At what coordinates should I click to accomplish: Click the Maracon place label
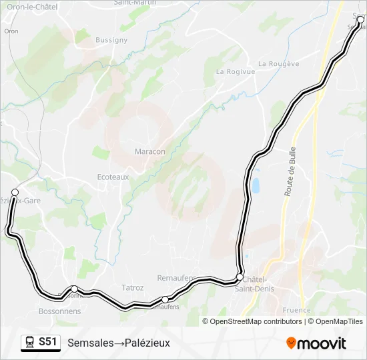[x=149, y=151]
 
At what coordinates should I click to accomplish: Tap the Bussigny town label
[x=111, y=40]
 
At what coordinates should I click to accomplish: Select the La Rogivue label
[x=235, y=71]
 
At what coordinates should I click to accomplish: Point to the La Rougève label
[x=278, y=64]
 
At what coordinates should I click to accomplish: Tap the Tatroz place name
[x=132, y=288]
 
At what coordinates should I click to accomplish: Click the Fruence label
[x=296, y=310]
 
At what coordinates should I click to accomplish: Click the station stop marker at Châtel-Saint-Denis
[x=240, y=277]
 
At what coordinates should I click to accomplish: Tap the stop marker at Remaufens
[x=165, y=299]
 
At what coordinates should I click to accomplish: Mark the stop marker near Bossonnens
[x=74, y=289]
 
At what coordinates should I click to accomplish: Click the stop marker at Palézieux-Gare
[x=15, y=192]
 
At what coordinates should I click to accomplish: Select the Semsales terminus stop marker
[x=361, y=20]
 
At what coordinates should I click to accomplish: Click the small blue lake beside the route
[x=254, y=185]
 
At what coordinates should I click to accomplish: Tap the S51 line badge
[x=47, y=342]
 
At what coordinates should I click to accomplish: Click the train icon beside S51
[x=30, y=342]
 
